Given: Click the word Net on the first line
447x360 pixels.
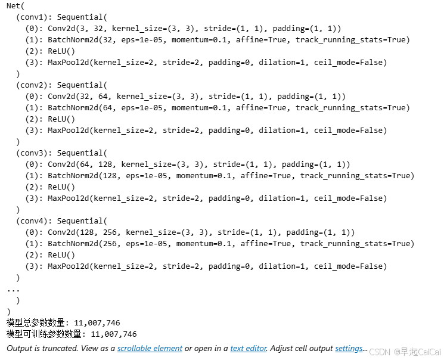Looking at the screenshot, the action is [13, 6].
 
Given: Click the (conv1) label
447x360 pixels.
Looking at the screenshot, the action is [32, 17].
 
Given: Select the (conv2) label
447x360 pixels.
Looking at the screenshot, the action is [32, 85].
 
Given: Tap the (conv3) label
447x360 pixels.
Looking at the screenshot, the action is [32, 153].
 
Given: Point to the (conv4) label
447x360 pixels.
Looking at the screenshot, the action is [32, 221].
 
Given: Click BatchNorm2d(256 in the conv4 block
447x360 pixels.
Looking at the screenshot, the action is [82, 244].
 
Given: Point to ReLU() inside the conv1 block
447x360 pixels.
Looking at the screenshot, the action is [61, 51].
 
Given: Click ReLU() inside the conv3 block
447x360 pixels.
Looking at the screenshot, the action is [61, 187].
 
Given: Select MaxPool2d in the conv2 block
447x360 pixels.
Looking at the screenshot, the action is [69, 131].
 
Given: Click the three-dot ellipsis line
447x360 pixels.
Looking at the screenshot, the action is [13, 290].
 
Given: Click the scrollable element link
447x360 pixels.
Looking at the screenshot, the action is [150, 348].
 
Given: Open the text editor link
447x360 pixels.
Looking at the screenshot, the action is [249, 348].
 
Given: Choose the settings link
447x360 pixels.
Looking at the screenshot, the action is [349, 348].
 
